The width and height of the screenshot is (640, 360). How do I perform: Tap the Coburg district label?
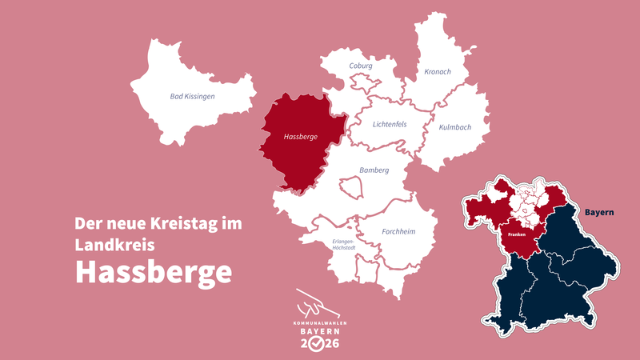361,66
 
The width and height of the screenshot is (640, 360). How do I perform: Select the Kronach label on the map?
438,71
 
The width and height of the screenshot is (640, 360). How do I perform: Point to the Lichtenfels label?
390,124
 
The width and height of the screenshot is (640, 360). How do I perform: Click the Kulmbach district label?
455,126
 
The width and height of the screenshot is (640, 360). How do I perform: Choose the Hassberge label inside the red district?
301,137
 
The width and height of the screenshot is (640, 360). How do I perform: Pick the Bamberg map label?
374,170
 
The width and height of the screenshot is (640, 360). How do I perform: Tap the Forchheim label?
398,232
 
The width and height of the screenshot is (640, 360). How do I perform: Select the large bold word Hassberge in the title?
154,272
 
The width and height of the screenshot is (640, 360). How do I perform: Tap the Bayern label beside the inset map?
598,213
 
